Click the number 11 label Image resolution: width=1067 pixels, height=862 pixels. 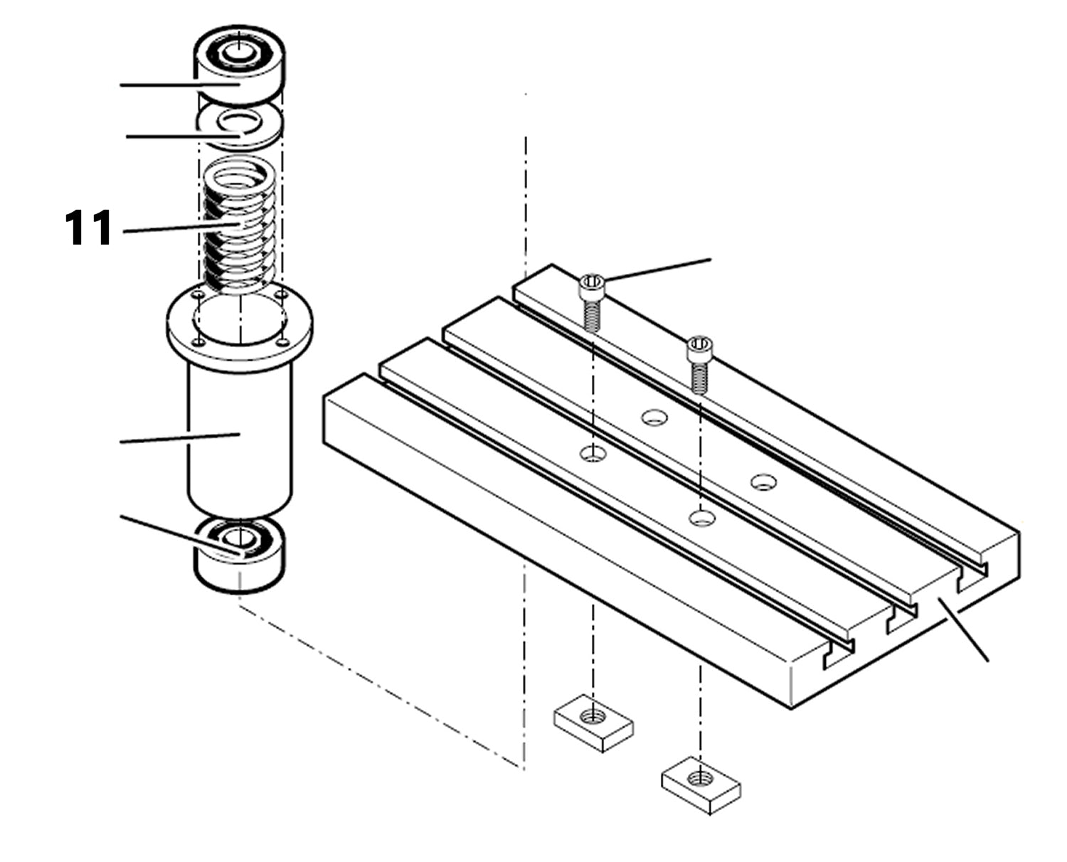point(89,228)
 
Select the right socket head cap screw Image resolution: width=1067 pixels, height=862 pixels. point(699,363)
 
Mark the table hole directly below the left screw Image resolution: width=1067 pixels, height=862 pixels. point(592,453)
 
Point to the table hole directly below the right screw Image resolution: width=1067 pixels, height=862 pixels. point(701,517)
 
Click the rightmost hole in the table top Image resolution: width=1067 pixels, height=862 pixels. point(763,482)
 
